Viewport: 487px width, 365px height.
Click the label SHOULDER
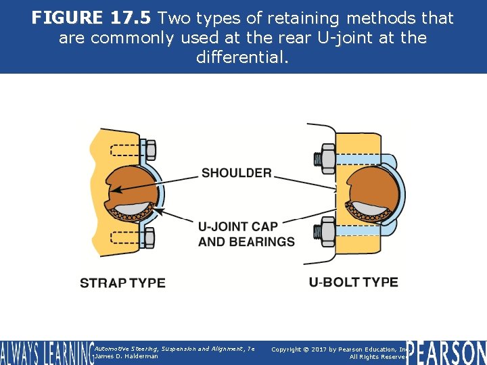coord(236,173)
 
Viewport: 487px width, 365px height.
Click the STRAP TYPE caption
coord(122,283)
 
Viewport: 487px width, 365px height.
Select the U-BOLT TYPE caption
coord(354,282)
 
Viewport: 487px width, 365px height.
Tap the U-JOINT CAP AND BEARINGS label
coord(246,234)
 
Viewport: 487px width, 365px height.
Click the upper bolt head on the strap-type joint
coord(150,149)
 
